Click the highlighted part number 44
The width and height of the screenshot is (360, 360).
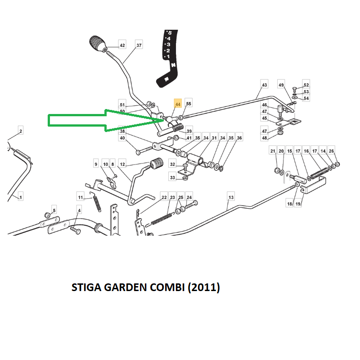click(x=178, y=104)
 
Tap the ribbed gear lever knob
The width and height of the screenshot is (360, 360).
click(x=98, y=44)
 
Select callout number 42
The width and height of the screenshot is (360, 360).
click(x=122, y=46)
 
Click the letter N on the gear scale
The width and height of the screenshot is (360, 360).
click(x=173, y=65)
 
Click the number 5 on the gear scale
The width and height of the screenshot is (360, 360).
click(x=170, y=32)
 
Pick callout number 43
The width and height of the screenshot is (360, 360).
click(x=265, y=85)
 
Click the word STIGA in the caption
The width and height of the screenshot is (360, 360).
click(x=86, y=287)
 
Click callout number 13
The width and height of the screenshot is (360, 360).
click(x=231, y=197)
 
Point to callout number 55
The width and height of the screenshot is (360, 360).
click(x=189, y=104)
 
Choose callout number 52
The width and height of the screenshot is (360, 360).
click(x=306, y=85)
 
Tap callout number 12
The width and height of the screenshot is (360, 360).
click(x=122, y=164)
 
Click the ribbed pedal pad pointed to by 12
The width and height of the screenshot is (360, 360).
click(x=157, y=164)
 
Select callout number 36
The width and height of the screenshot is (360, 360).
click(x=239, y=138)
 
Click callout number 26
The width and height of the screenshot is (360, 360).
click(x=331, y=151)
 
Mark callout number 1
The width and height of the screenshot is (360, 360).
click(x=21, y=197)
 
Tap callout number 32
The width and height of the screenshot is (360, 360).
click(x=172, y=164)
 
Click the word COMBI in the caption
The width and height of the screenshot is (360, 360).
click(x=167, y=287)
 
